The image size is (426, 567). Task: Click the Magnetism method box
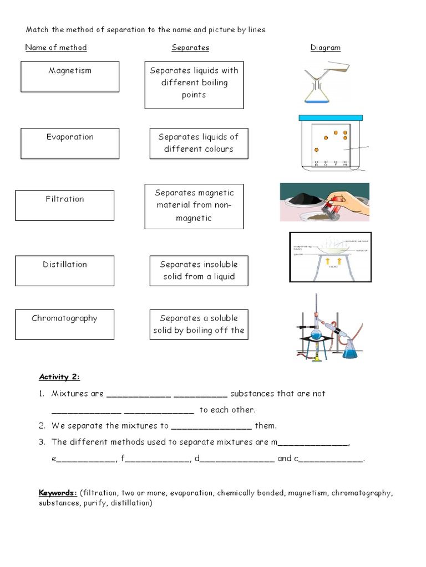point(70,76)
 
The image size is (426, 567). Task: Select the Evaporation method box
point(70,143)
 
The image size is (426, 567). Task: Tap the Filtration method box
point(64,205)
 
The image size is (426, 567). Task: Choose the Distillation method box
point(64,271)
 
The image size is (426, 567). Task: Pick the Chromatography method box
point(64,324)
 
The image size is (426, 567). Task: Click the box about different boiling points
point(194,84)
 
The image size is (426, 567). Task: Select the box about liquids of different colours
point(199,143)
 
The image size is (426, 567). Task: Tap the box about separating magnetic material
point(194,206)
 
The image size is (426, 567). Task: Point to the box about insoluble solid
point(199,271)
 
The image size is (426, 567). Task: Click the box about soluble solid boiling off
point(199,324)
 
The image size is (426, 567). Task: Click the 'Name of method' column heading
point(56,48)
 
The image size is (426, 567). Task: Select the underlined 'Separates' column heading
point(190,48)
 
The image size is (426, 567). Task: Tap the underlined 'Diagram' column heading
point(325,48)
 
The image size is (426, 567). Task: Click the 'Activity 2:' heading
point(59,377)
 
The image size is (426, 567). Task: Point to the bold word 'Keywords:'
point(58,493)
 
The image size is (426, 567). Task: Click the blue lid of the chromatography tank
point(330,117)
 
